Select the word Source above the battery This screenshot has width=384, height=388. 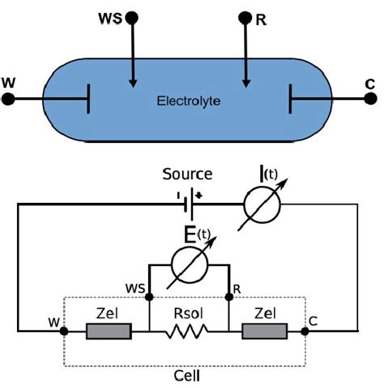tap(187, 174)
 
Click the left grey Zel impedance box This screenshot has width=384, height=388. tap(109, 331)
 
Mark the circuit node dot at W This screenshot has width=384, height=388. tap(64, 331)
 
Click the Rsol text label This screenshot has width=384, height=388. tap(190, 312)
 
